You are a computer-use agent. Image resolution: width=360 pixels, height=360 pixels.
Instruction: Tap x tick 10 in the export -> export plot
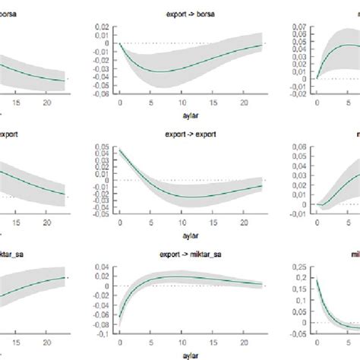[x=185, y=223]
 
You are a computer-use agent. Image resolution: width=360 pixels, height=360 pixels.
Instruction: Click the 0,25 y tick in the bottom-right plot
[x=302, y=265]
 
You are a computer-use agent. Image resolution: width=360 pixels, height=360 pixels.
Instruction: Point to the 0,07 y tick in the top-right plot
[x=302, y=27]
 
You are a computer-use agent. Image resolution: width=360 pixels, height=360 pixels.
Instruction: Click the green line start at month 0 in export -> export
[x=120, y=150]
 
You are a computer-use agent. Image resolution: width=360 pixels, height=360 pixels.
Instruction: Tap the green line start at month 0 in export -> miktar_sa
[x=120, y=317]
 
